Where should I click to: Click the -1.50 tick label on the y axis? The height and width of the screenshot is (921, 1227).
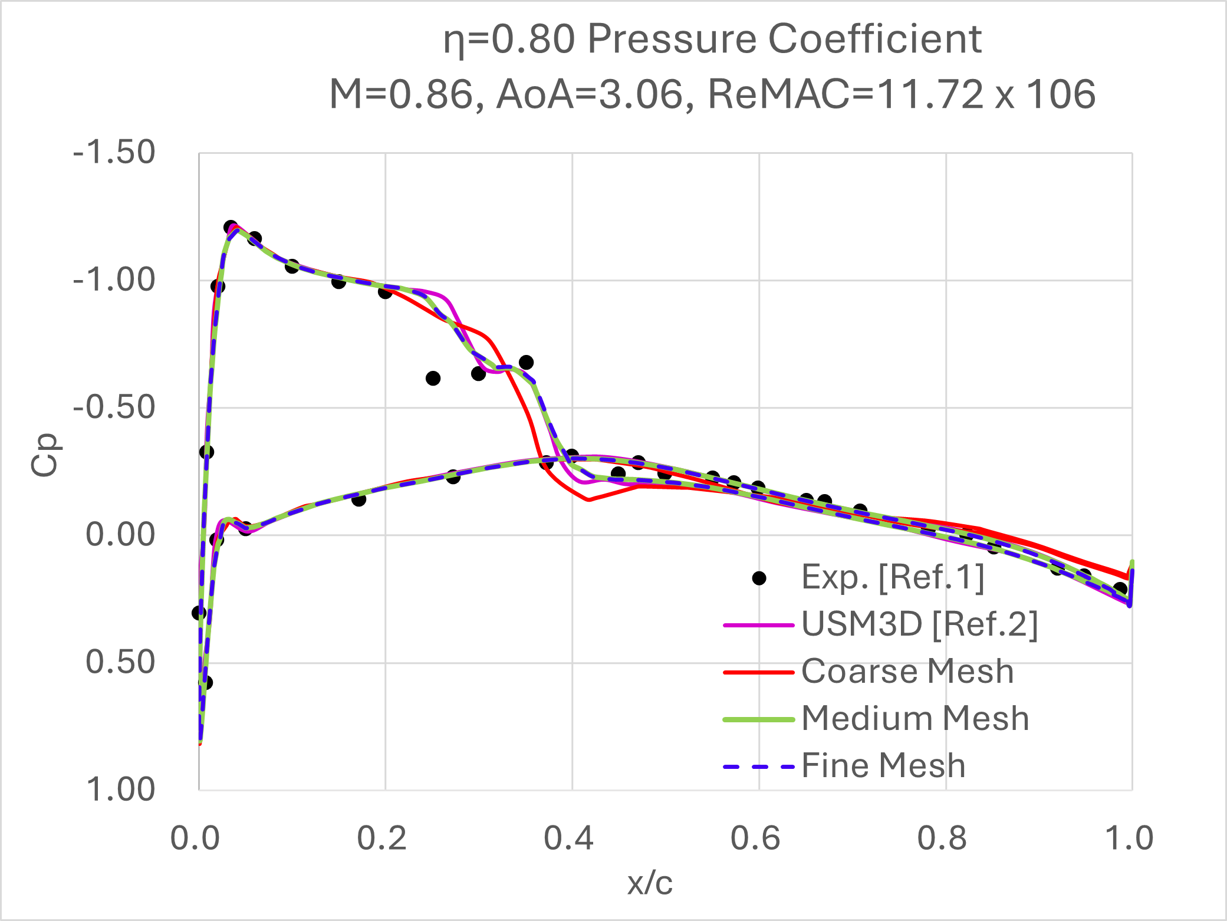114,153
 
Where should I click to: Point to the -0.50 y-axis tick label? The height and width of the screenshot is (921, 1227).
114,407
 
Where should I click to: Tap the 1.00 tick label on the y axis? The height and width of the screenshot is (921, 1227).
121,789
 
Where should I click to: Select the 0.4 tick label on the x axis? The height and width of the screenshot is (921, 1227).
568,838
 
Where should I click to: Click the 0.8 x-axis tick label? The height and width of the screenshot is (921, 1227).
942,838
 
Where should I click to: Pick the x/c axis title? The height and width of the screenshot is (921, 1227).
650,883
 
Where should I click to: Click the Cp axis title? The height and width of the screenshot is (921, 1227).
45,455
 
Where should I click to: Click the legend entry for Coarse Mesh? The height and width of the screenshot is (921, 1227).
907,672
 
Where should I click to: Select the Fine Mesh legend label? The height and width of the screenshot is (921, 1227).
883,766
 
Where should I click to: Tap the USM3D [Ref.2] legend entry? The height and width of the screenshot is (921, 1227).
919,624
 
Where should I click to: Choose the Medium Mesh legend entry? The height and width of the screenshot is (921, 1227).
915,719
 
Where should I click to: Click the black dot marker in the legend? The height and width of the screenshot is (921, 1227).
759,578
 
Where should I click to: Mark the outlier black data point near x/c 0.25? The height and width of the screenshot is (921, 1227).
433,379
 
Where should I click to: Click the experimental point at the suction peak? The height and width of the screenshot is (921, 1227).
231,227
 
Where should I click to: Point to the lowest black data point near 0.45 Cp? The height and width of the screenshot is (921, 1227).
206,683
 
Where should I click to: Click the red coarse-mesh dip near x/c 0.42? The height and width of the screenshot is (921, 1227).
589,499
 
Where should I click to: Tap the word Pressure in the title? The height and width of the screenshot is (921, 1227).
671,40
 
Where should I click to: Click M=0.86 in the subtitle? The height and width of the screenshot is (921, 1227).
406,94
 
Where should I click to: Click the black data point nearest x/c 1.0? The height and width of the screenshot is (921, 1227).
1120,588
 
